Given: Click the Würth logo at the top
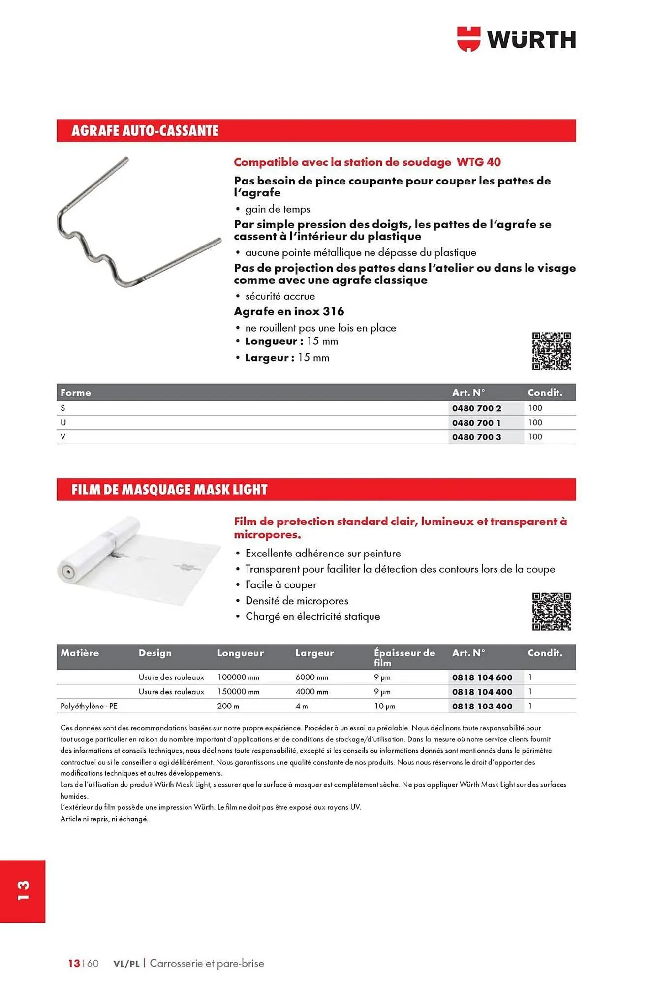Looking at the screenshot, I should pyautogui.click(x=516, y=39).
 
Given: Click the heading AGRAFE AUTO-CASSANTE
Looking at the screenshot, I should pyautogui.click(x=145, y=131).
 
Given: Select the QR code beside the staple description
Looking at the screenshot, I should pyautogui.click(x=551, y=351).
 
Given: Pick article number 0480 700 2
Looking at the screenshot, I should pyautogui.click(x=476, y=408).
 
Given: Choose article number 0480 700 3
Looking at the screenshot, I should pyautogui.click(x=476, y=437).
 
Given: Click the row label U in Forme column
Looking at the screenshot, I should pyautogui.click(x=63, y=423).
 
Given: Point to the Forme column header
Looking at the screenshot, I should pyautogui.click(x=76, y=393).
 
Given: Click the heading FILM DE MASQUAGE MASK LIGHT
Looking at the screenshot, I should pyautogui.click(x=169, y=490).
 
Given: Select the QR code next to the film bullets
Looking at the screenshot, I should pyautogui.click(x=551, y=612).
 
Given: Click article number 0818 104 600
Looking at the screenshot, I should pyautogui.click(x=482, y=677).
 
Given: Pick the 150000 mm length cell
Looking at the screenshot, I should pyautogui.click(x=238, y=692).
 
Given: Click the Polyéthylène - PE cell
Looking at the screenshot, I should pyautogui.click(x=89, y=706).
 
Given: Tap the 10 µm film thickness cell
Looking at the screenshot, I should pyautogui.click(x=384, y=706).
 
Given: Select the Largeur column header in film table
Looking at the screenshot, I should pyautogui.click(x=314, y=653).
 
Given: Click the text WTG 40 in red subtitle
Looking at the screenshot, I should pyautogui.click(x=478, y=162).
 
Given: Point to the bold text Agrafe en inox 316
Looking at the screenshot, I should pyautogui.click(x=289, y=311).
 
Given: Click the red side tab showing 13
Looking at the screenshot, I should pyautogui.click(x=23, y=891).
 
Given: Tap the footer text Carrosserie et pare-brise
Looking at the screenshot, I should pyautogui.click(x=207, y=963).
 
